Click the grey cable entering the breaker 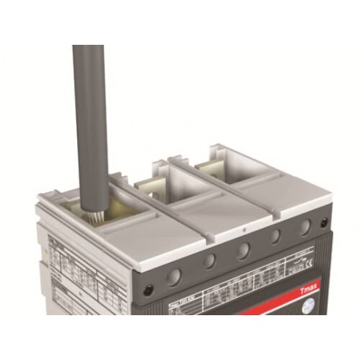(90, 118)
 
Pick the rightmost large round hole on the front (303, 229)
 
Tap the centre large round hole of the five (243, 251)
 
